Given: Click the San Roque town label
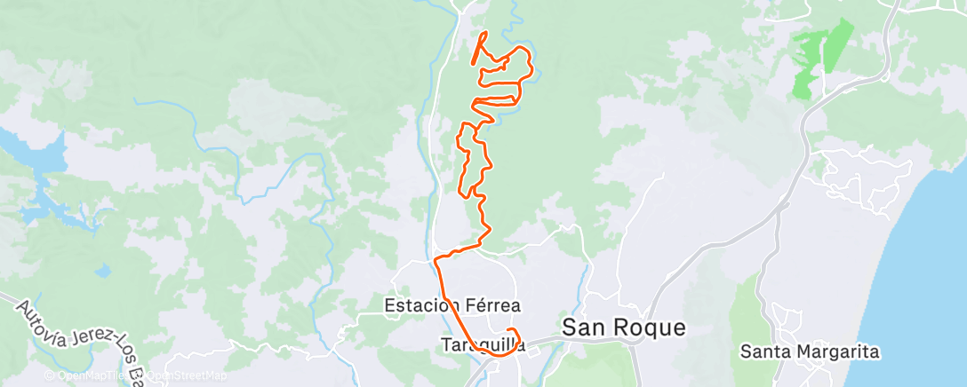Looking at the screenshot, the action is (x=624, y=328).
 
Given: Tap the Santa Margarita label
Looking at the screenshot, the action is (x=810, y=352).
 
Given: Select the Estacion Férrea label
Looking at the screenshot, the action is (x=452, y=305).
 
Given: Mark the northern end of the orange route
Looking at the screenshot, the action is (x=484, y=34).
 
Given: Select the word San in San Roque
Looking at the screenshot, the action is (x=579, y=328).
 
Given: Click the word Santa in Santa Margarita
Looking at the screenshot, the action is (x=763, y=352).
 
